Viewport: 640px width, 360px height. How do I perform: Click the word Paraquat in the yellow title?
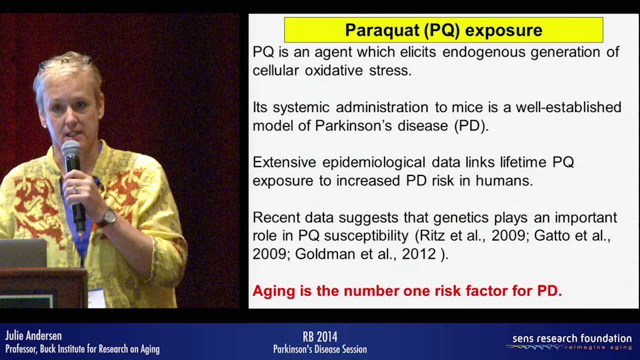381,30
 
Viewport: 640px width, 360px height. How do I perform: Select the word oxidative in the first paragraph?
333,70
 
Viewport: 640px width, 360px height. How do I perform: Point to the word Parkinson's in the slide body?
353,125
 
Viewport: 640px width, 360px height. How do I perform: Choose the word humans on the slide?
504,180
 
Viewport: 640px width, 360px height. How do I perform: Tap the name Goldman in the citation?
325,254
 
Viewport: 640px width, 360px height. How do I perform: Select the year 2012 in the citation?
419,254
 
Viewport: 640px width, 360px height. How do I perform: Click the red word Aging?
273,291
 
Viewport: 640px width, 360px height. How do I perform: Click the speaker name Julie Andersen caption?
33,335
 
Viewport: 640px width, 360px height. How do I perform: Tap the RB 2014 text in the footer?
320,337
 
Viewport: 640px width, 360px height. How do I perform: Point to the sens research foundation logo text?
572,338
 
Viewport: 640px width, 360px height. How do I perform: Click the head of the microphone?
71,148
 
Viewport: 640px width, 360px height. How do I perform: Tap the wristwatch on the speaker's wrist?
109,217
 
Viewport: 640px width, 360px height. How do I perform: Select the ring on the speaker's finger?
75,189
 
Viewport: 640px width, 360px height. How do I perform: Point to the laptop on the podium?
23,253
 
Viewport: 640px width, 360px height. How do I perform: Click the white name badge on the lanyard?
96,298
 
